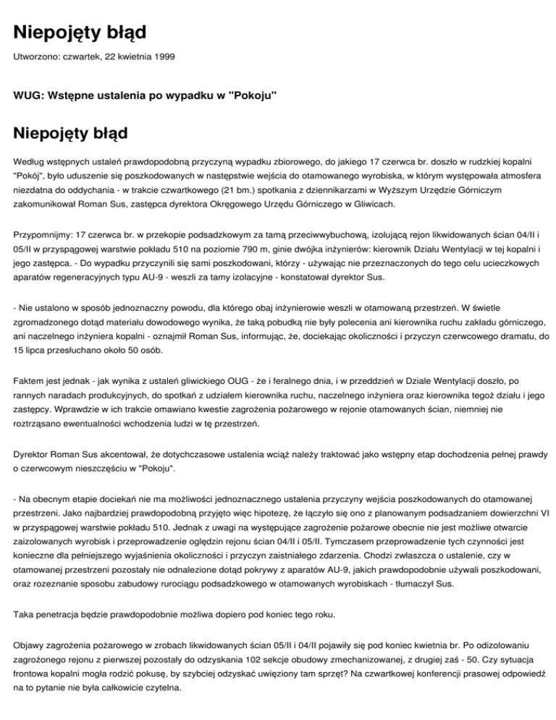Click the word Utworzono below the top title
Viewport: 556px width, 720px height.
[x=36, y=56]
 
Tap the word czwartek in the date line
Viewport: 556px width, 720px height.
[x=85, y=56]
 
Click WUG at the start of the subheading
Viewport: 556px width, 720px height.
[x=28, y=95]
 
